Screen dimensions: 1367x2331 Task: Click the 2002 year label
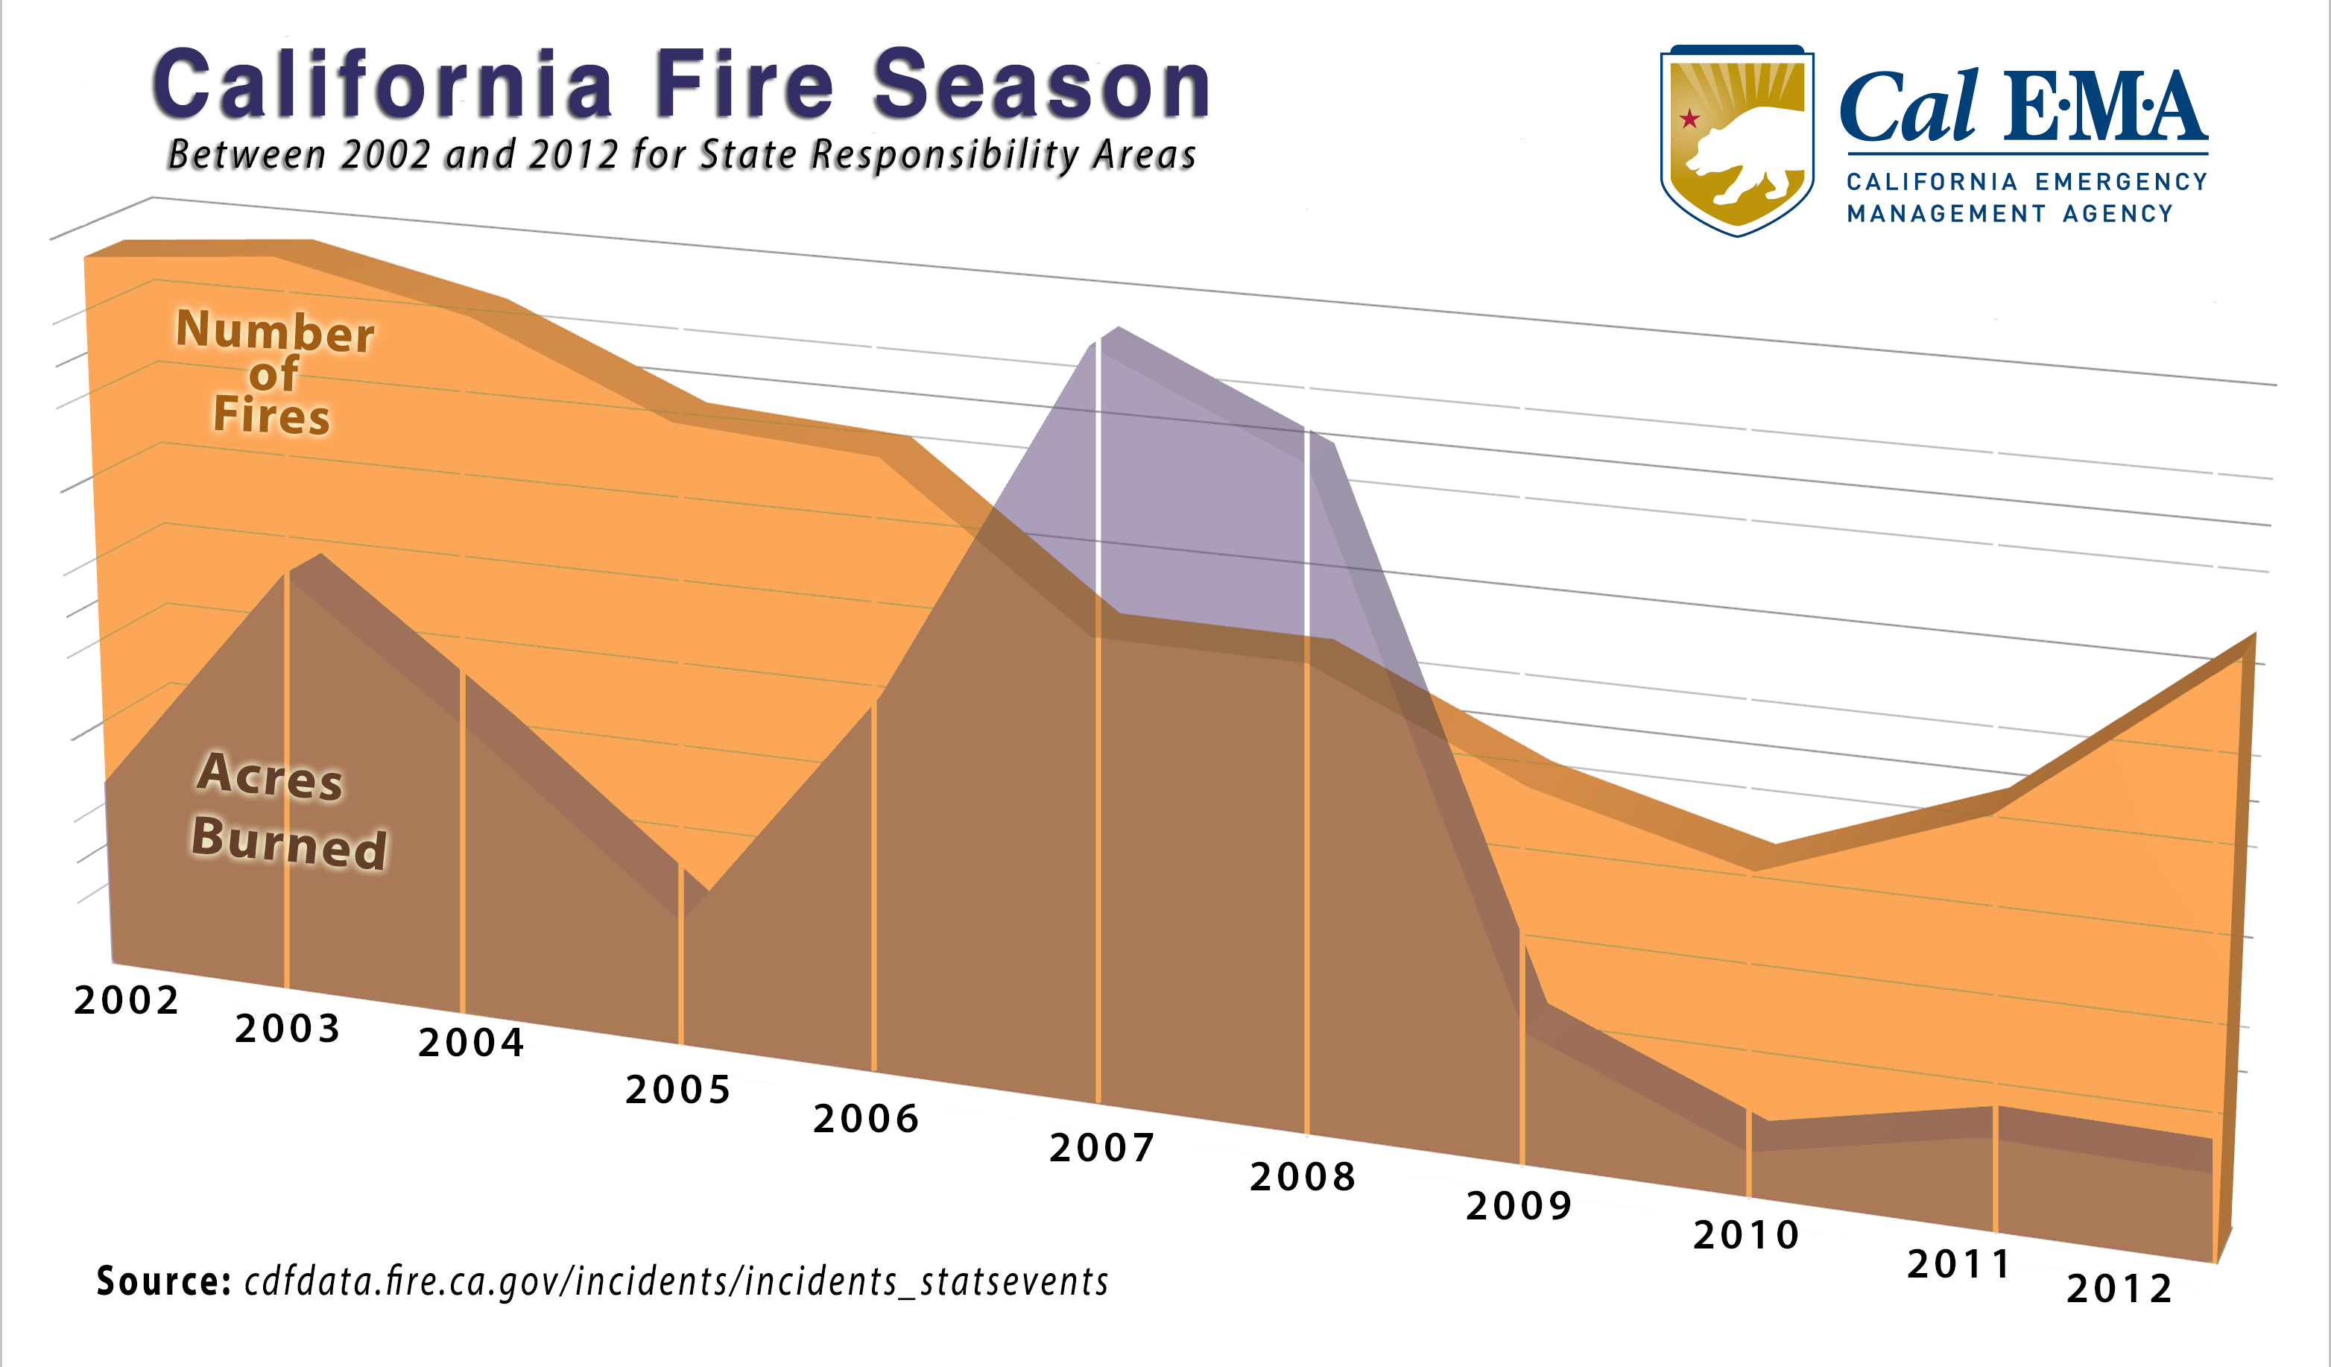[126, 1000]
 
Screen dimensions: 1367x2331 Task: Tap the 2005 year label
[678, 1090]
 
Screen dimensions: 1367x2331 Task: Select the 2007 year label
[1101, 1148]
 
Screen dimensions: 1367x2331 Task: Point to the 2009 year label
[1519, 1206]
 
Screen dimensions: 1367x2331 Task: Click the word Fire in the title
[745, 85]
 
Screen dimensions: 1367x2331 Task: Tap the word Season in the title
[1042, 85]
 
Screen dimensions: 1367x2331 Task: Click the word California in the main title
[383, 85]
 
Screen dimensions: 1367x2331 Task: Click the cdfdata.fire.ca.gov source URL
[676, 1282]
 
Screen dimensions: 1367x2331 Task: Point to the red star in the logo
[1690, 119]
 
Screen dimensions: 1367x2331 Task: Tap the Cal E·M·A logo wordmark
[2024, 108]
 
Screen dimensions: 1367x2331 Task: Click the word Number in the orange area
[275, 330]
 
